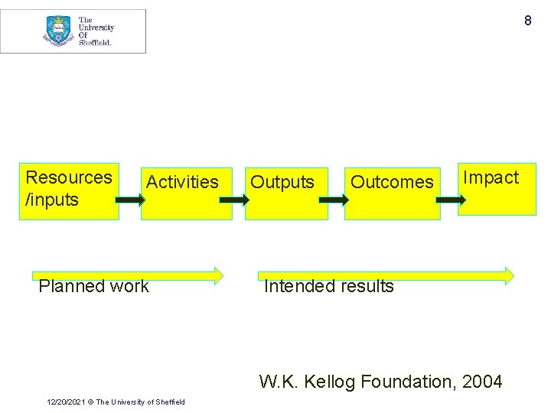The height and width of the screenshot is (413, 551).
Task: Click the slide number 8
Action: click(527, 21)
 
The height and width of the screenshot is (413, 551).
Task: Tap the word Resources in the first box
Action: click(69, 177)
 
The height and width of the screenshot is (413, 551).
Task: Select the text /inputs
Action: click(52, 200)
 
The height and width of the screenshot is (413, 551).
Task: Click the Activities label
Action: click(182, 182)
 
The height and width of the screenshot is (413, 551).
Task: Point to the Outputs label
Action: click(282, 182)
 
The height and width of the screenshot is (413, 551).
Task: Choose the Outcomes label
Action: click(392, 182)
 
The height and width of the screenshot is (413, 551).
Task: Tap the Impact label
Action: click(491, 177)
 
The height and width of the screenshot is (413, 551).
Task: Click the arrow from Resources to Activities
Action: click(130, 200)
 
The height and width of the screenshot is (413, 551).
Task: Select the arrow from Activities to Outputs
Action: click(233, 200)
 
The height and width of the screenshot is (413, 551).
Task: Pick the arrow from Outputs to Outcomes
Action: click(334, 200)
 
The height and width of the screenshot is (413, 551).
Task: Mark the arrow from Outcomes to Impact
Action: click(451, 200)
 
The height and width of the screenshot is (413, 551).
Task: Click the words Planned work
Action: click(94, 286)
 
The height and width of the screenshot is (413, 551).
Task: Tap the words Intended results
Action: click(329, 286)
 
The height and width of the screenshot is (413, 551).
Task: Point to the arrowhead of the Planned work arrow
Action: click(218, 275)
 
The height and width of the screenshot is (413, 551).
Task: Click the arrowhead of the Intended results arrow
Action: click(508, 275)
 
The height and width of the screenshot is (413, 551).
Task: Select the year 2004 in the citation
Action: click(482, 381)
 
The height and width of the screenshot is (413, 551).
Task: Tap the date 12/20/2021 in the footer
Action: click(65, 402)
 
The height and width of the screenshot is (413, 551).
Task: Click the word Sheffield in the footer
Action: click(168, 402)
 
